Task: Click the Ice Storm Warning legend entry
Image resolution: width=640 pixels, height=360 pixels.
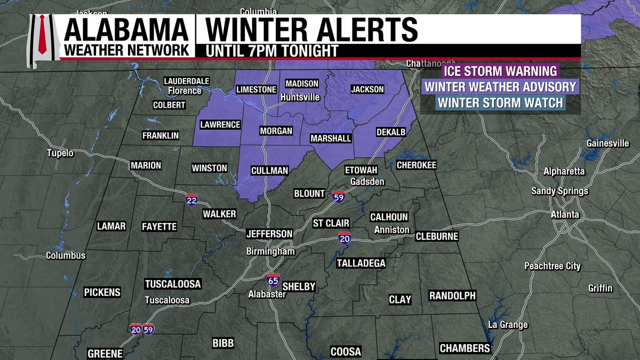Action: tap(500, 71)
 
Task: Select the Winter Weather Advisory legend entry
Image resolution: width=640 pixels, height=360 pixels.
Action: tap(500, 86)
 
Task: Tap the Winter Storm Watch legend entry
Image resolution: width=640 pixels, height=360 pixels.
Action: tap(500, 102)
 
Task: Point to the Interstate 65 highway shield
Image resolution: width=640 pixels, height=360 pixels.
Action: tap(273, 279)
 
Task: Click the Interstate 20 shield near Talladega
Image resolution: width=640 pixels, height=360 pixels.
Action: tap(345, 237)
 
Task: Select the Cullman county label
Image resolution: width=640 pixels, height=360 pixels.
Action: tap(270, 171)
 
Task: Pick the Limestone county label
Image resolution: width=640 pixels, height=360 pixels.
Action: tap(256, 90)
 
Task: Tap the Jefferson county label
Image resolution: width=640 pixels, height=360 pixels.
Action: tap(269, 234)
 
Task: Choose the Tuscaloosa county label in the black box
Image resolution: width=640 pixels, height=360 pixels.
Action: tap(173, 283)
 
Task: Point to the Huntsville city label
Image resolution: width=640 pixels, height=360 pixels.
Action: tap(300, 98)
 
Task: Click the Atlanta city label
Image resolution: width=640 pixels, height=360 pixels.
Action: tap(565, 215)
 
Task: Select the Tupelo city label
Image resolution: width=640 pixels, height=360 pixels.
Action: tap(59, 153)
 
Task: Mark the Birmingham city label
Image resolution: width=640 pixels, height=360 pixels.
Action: tap(270, 251)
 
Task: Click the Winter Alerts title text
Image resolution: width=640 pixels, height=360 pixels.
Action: tap(308, 29)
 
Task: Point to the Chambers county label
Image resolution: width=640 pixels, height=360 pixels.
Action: tap(465, 348)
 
